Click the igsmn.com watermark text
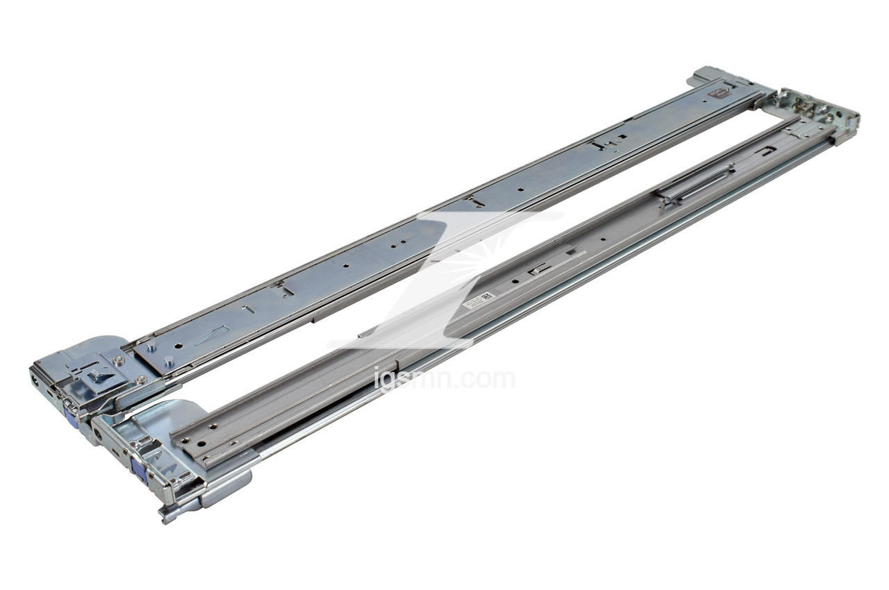(444, 379)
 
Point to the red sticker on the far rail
(717, 92)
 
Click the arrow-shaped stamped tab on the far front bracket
(99, 374)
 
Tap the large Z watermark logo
(444, 278)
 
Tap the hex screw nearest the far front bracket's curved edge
(119, 361)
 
